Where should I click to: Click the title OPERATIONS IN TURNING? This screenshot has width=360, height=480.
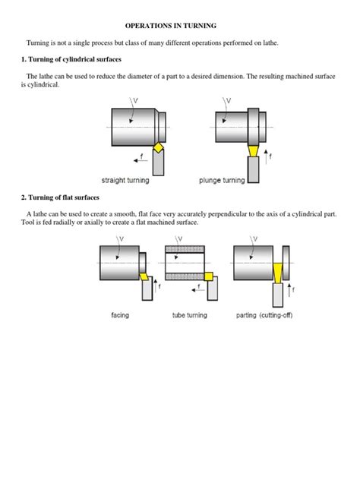(x=179, y=25)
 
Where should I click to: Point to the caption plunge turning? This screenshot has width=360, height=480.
(x=222, y=180)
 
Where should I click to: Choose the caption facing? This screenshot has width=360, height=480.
(x=120, y=315)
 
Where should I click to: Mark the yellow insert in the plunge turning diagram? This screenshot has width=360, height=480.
(x=253, y=152)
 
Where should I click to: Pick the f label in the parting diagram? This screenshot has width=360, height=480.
(x=294, y=290)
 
